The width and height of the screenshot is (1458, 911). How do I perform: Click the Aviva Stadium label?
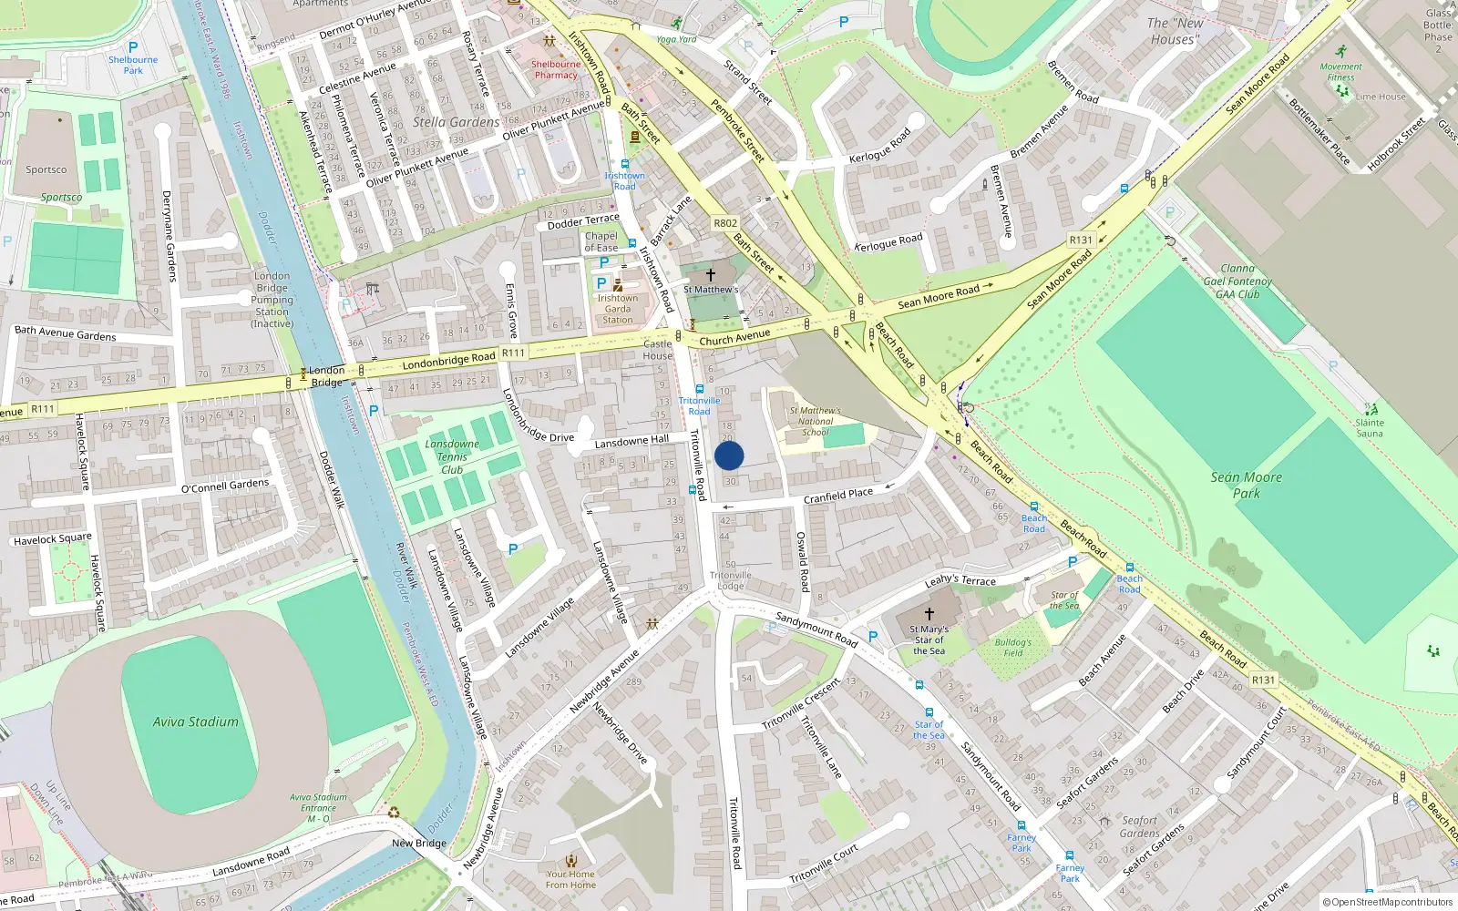pos(195,722)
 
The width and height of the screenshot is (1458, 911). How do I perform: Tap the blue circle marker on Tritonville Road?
pos(729,455)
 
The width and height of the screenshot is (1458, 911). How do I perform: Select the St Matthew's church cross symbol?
pos(711,274)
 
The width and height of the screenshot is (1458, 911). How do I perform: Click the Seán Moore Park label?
pos(1246,485)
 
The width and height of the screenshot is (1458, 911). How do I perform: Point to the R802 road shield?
pos(725,223)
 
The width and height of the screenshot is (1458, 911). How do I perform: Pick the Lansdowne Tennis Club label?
pos(452,456)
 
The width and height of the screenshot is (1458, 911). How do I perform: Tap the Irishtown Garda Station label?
pos(618,309)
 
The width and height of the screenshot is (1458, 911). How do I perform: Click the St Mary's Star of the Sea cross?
pos(929,614)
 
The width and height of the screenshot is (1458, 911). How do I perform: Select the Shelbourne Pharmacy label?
pos(556,69)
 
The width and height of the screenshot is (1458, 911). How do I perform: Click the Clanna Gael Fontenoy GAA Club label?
pos(1237,281)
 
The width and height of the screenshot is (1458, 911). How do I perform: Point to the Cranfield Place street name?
pos(837,496)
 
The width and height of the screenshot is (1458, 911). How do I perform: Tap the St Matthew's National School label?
pos(816,421)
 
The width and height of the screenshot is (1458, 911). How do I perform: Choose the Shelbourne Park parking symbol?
pos(133,47)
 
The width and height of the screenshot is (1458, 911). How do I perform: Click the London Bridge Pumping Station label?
pos(272,299)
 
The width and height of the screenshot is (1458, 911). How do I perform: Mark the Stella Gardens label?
pos(456,122)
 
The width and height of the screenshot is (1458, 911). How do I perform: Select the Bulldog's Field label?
pos(1013,647)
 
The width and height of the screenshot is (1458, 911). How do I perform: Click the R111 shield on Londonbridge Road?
pos(513,353)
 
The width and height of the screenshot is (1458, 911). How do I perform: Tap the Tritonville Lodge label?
pos(731,580)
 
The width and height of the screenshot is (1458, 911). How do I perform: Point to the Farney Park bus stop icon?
pos(1022,826)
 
